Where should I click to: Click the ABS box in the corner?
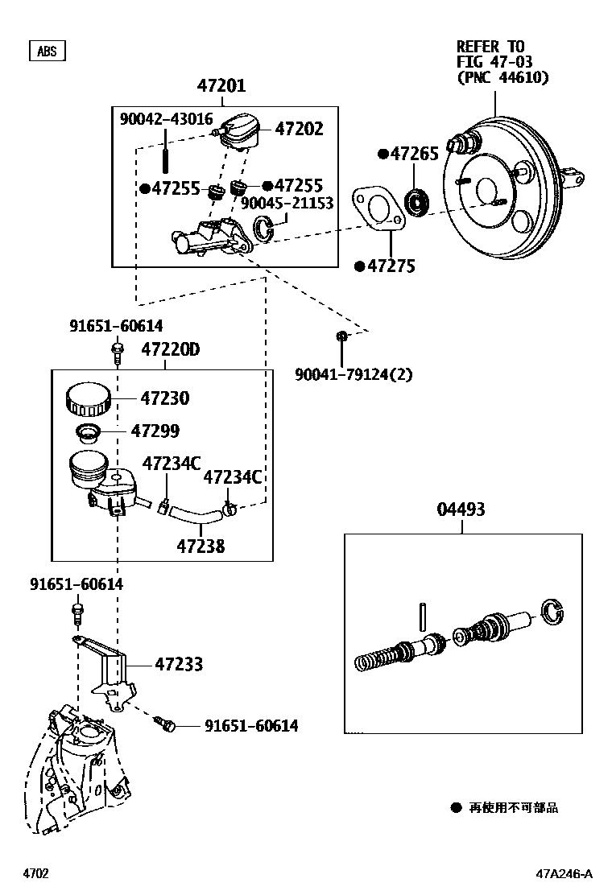click(x=48, y=51)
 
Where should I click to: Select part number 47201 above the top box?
click(x=221, y=86)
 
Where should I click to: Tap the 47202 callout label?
click(x=299, y=129)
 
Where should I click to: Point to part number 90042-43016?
click(x=166, y=118)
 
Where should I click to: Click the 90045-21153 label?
click(x=287, y=204)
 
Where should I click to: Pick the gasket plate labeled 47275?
click(x=380, y=209)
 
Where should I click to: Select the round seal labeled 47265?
click(x=417, y=202)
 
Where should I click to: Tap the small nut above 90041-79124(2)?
click(x=341, y=336)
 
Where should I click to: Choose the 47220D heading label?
click(x=171, y=350)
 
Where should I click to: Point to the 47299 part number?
click(x=160, y=431)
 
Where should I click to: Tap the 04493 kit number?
click(x=461, y=509)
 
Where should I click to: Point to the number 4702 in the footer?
click(x=35, y=873)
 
